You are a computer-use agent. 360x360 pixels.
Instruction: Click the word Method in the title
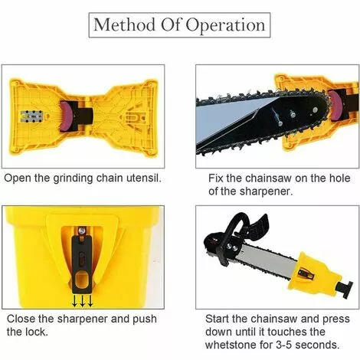click(124, 25)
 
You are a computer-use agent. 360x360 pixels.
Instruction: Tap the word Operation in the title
click(225, 26)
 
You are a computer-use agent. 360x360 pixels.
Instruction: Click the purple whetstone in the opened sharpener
click(66, 116)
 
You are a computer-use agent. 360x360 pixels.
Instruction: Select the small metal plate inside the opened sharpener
click(31, 116)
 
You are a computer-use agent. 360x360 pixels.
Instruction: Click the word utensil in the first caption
click(144, 178)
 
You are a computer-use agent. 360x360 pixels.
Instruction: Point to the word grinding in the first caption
click(74, 178)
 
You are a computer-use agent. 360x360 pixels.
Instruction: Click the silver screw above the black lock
click(82, 231)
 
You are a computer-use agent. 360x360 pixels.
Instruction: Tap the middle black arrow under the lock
click(82, 300)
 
